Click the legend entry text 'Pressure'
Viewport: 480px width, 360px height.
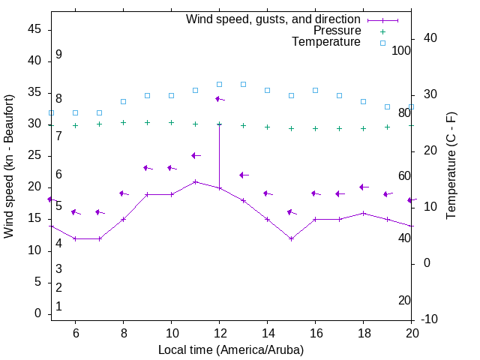coord(337,31)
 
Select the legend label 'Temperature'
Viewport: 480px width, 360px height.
coord(326,42)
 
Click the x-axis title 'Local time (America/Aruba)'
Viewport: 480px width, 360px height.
coord(231,349)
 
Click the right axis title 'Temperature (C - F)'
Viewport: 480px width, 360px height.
coord(451,166)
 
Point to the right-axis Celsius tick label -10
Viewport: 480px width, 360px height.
coord(430,319)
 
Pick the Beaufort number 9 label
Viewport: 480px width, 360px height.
coord(58,55)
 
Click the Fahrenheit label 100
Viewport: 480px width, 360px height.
coord(401,50)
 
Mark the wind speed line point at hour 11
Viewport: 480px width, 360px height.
coord(195,181)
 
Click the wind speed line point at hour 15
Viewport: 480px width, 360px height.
coord(291,238)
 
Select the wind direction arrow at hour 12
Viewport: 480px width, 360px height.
coord(220,99)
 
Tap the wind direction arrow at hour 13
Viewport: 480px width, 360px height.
coord(243,175)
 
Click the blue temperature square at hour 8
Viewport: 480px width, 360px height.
coord(123,101)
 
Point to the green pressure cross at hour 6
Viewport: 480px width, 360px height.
coord(75,125)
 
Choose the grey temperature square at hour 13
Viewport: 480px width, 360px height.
coord(243,84)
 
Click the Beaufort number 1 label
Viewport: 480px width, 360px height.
coord(58,307)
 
